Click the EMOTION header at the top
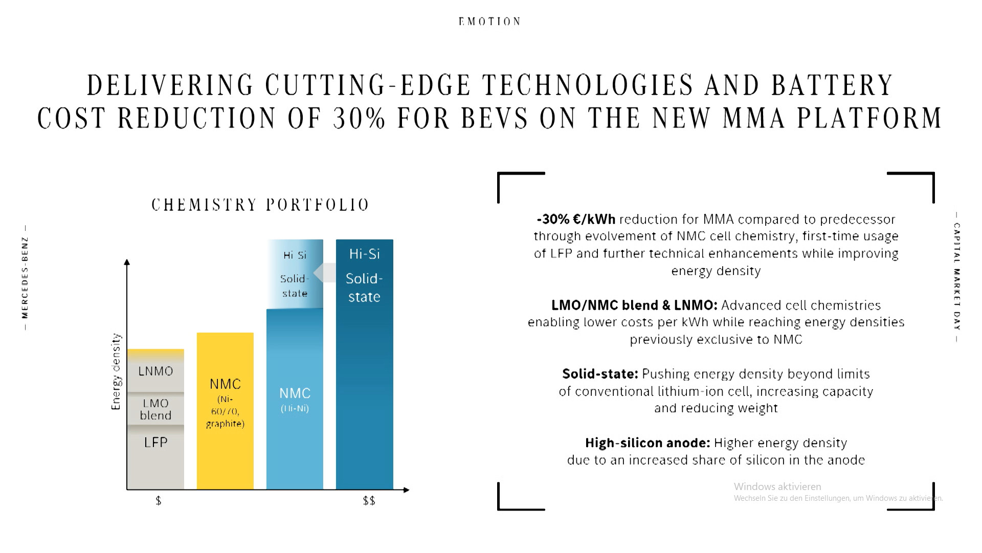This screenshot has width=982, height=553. pyautogui.click(x=489, y=22)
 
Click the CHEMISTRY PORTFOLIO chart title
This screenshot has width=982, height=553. pyautogui.click(x=260, y=205)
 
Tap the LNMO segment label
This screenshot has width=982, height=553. pyautogui.click(x=155, y=371)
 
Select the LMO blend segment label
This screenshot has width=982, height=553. pyautogui.click(x=155, y=410)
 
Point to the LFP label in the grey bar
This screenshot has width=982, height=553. pyautogui.click(x=155, y=442)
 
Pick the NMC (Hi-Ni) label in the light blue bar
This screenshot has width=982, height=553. pyautogui.click(x=295, y=399)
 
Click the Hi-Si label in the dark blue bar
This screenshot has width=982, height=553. pyautogui.click(x=364, y=254)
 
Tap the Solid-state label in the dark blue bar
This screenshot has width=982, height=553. pyautogui.click(x=364, y=288)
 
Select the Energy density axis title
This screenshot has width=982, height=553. pyautogui.click(x=116, y=372)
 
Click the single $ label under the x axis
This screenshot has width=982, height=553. pyautogui.click(x=159, y=501)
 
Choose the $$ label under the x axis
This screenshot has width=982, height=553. pyautogui.click(x=369, y=501)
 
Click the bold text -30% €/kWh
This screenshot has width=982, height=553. pyautogui.click(x=576, y=220)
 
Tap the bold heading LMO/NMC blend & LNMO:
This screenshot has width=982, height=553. pyautogui.click(x=634, y=306)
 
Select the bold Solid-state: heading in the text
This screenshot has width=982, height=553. pyautogui.click(x=600, y=374)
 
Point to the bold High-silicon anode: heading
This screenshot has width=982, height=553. pyautogui.click(x=648, y=443)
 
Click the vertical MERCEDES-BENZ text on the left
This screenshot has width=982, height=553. pyautogui.click(x=25, y=277)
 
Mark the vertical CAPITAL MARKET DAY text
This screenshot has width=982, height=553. pyautogui.click(x=957, y=277)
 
